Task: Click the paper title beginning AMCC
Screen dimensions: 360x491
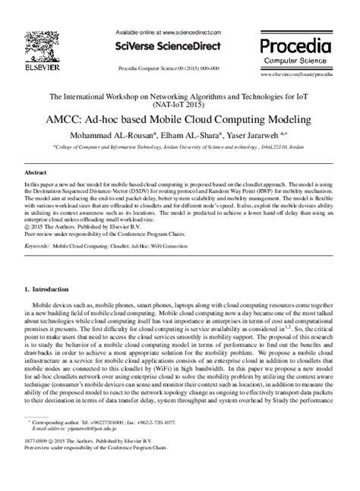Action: (181, 121)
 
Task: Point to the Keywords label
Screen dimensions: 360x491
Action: (37, 225)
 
